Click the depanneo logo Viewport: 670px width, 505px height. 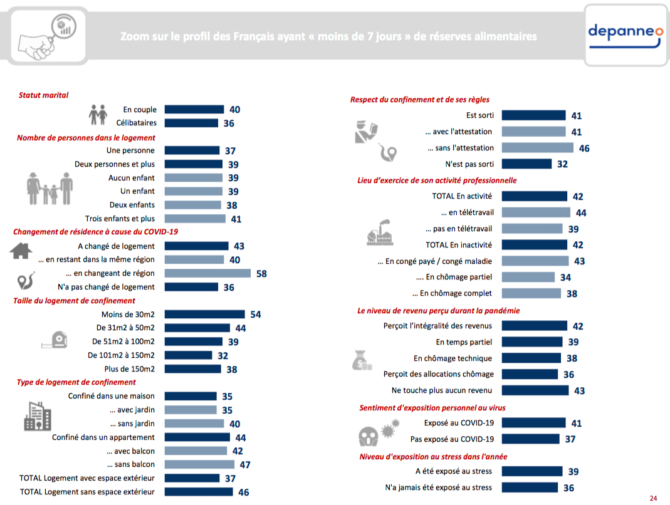pyautogui.click(x=626, y=36)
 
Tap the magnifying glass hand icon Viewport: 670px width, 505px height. pyautogui.click(x=47, y=36)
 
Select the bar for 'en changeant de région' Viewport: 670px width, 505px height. pyautogui.click(x=207, y=273)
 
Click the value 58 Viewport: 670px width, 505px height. pyautogui.click(x=261, y=273)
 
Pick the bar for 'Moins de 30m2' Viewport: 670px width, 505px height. pyautogui.click(x=205, y=314)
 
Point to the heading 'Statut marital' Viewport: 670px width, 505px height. pyautogui.click(x=43, y=95)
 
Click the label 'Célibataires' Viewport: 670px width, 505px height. pyautogui.click(x=136, y=123)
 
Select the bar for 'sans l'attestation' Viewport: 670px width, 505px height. pyautogui.click(x=538, y=148)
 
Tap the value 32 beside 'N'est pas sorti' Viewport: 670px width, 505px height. pyautogui.click(x=562, y=164)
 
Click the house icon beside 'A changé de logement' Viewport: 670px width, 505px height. pyautogui.click(x=21, y=251)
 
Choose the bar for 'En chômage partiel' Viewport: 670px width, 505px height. pyautogui.click(x=528, y=277)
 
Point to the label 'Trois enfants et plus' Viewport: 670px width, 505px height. pyautogui.click(x=120, y=218)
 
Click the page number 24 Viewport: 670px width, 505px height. pyautogui.click(x=653, y=498)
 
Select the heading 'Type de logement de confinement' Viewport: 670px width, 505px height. pyautogui.click(x=76, y=382)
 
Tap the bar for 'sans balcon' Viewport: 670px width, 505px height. pyautogui.click(x=199, y=464)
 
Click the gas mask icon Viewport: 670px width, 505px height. pyautogui.click(x=369, y=437)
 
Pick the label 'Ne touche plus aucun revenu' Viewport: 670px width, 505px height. pyautogui.click(x=442, y=390)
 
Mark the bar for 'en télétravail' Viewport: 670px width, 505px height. pyautogui.click(x=536, y=212)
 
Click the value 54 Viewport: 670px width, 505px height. pyautogui.click(x=256, y=315)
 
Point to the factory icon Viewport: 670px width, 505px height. pyautogui.click(x=379, y=233)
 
